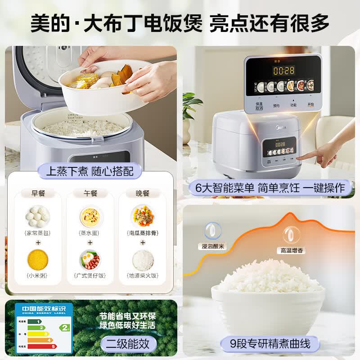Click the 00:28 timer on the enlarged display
pos(283,71)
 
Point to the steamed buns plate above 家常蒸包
pos(38,216)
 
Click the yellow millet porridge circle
pos(38,260)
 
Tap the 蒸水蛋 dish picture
pos(90,216)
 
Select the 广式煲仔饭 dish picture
pos(90,260)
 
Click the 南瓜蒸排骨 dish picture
pos(143,216)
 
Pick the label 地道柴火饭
pos(143,275)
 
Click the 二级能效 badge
pos(128,344)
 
